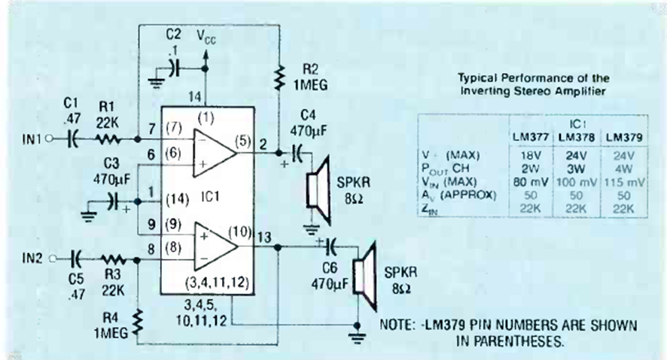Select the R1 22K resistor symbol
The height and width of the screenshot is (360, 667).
(108, 139)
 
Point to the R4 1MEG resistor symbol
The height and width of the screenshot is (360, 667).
(138, 321)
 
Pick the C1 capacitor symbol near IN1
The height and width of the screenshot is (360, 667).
(72, 139)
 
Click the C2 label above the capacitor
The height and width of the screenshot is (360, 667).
(173, 36)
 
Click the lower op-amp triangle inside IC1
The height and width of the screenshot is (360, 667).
(215, 246)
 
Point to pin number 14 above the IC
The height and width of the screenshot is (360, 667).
(195, 96)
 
